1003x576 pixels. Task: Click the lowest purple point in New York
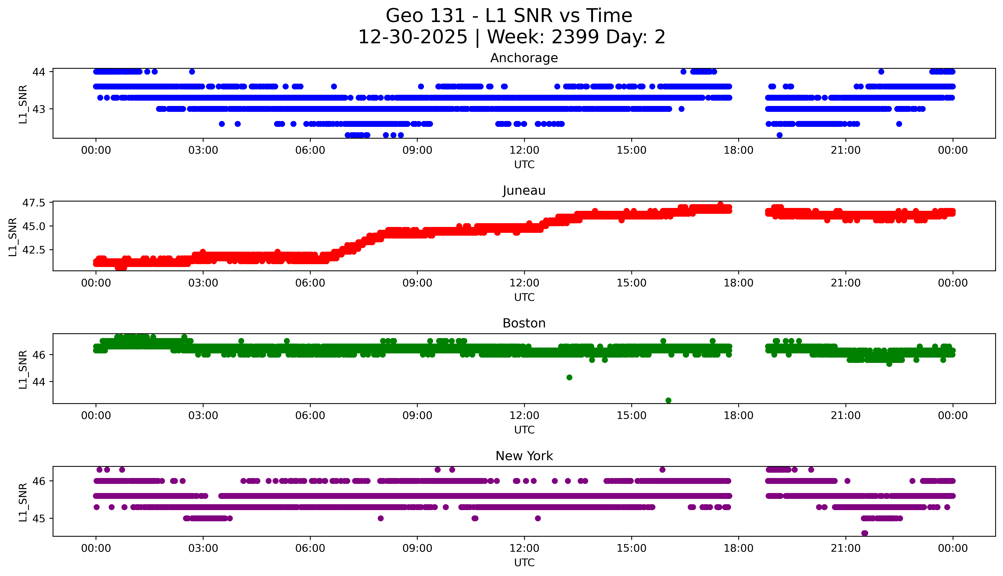(x=864, y=533)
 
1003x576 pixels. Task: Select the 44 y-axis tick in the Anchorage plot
(x=39, y=72)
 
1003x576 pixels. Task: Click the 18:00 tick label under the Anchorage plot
(x=739, y=150)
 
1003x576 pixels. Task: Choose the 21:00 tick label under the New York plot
(x=845, y=548)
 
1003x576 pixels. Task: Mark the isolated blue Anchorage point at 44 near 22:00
(x=881, y=72)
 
